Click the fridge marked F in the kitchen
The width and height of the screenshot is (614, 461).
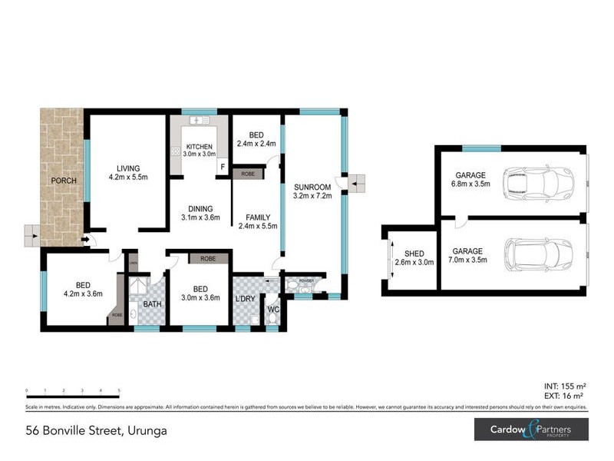[x=223, y=166]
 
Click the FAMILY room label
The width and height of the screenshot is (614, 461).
[x=253, y=217]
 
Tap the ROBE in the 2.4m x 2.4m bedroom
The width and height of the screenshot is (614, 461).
[x=248, y=174]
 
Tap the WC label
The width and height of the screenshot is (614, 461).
[x=272, y=310]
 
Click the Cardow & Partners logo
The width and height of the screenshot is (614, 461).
[x=530, y=429]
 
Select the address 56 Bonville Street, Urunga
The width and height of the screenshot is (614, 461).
[x=96, y=431]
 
